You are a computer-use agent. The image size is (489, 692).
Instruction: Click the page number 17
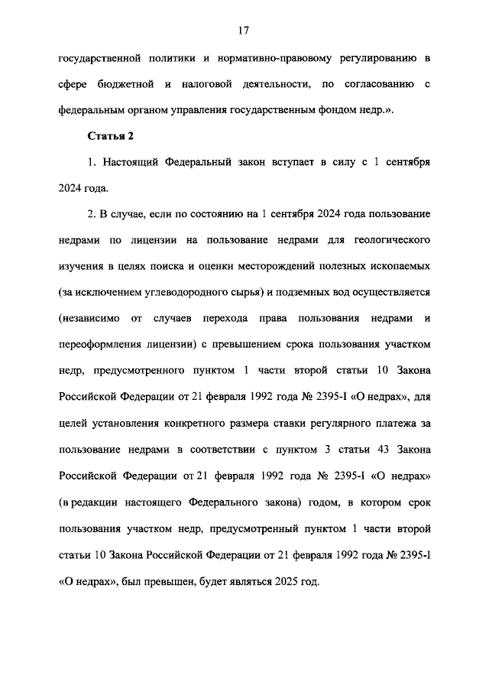(244, 30)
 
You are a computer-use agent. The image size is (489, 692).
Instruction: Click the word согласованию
(377, 83)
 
